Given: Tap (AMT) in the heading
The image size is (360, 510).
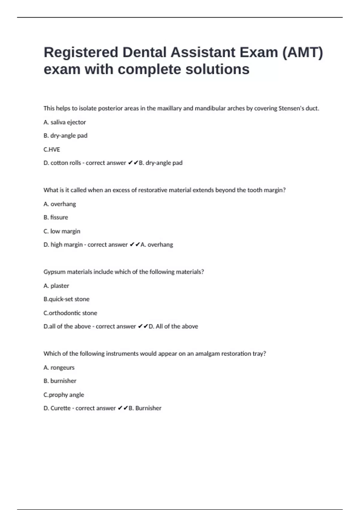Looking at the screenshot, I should tap(302, 52).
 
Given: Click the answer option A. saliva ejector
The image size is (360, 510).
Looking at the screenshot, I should tap(64, 122).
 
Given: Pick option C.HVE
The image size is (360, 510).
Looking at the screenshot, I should tap(52, 149).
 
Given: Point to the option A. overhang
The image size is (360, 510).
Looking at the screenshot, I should tap(60, 204).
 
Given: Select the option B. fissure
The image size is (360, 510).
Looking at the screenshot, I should tap(56, 217).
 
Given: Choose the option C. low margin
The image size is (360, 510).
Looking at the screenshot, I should tap(62, 231).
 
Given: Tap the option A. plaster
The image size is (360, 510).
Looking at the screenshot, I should tap(56, 286).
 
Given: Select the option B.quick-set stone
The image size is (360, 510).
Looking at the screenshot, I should tap(66, 299).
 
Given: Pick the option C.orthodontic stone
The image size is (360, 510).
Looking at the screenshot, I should tap(70, 313).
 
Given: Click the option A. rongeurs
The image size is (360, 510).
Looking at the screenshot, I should tap(59, 367).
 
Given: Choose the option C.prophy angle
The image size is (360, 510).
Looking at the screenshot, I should tap(64, 395).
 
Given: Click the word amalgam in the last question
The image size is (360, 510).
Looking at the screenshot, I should tap(207, 354).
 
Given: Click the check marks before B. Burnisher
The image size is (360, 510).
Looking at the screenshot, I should tap(123, 408).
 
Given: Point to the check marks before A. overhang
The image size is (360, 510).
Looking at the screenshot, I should tap(135, 244).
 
